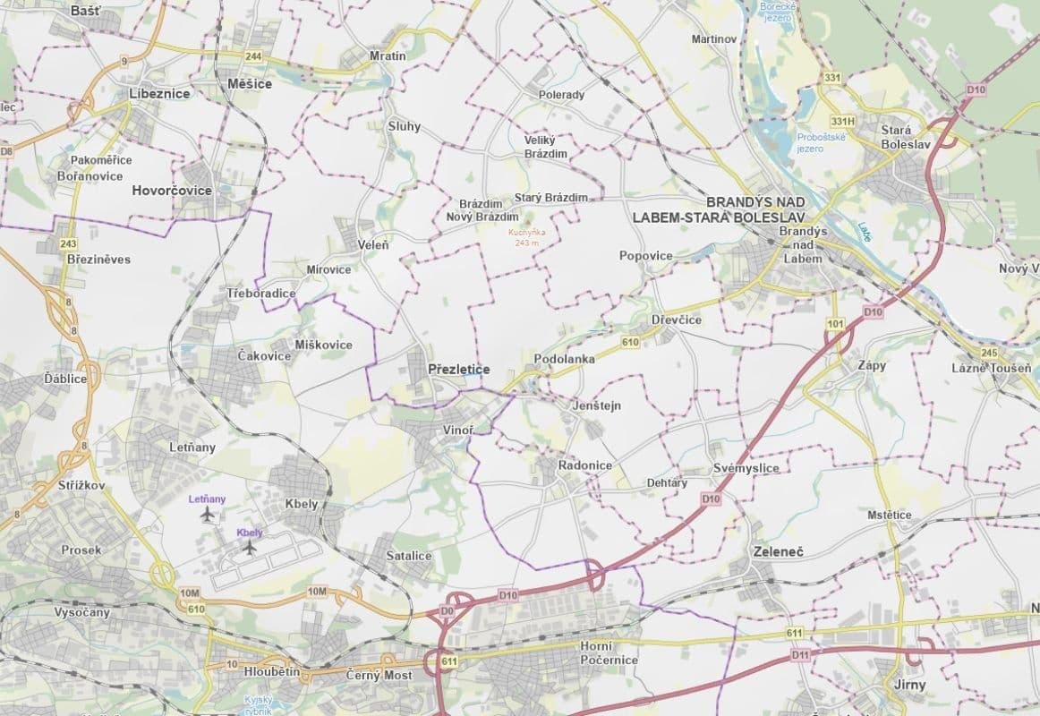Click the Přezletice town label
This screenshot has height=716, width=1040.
(459, 368)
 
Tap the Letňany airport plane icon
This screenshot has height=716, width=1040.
(209, 515)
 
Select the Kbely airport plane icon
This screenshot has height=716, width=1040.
(250, 547)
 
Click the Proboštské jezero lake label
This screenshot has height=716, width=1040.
(814, 142)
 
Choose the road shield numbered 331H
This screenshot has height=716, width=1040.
(843, 121)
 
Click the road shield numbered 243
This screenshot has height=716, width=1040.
(67, 243)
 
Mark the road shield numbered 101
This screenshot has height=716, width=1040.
(837, 323)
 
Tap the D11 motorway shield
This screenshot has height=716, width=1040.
(800, 656)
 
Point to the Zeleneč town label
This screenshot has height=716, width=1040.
(778, 551)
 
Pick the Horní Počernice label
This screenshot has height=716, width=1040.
(608, 653)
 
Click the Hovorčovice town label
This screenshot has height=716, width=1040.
(171, 191)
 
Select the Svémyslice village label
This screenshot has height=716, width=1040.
(746, 468)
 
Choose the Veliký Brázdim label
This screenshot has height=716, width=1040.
(545, 147)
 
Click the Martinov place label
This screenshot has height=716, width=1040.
(713, 39)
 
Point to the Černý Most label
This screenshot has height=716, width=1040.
(379, 675)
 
